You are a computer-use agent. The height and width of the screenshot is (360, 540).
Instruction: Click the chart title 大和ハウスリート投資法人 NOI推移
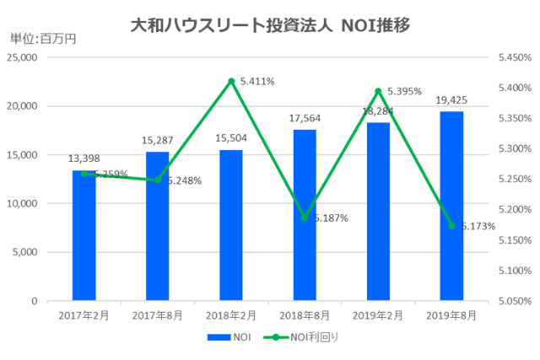pyautogui.click(x=270, y=25)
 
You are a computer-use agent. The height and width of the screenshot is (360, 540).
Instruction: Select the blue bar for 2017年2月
pyautogui.click(x=84, y=235)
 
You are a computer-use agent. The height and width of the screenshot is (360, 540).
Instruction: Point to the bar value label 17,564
pyautogui.click(x=305, y=119)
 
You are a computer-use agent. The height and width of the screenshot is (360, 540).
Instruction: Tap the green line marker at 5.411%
pyautogui.click(x=231, y=81)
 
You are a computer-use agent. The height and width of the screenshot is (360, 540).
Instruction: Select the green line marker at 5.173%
pyautogui.click(x=451, y=226)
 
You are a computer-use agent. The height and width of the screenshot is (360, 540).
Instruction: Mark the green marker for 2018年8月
pyautogui.click(x=305, y=218)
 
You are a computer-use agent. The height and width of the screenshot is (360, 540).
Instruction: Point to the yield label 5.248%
pyautogui.click(x=183, y=180)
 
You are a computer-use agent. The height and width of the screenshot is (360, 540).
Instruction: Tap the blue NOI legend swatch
pyautogui.click(x=218, y=337)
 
